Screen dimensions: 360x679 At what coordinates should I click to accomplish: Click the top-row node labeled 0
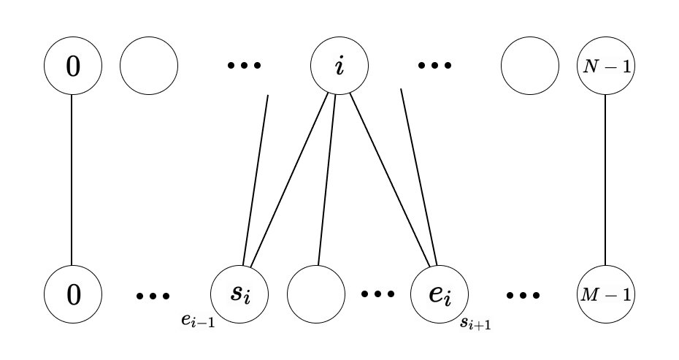point(72,66)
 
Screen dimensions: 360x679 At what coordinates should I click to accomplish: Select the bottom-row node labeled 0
point(72,294)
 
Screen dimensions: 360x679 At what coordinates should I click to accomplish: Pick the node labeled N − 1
point(605,66)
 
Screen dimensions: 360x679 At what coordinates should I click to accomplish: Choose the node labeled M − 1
point(605,294)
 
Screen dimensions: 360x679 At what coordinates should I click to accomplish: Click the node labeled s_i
point(239,294)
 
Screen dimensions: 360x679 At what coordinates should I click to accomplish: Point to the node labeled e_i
point(439,294)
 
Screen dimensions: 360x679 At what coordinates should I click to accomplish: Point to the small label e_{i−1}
point(198,321)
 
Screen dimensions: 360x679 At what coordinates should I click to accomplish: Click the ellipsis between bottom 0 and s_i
point(154,296)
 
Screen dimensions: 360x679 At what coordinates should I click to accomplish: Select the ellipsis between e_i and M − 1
point(523,296)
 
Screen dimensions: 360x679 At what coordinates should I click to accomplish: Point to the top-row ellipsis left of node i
point(243,66)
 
